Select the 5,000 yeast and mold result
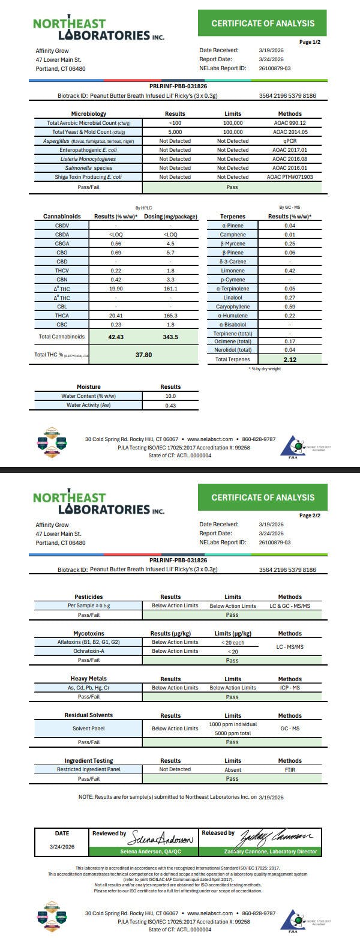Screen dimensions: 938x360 [175, 132]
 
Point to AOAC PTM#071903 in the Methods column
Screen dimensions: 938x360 [290, 177]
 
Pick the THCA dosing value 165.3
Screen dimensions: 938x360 [170, 316]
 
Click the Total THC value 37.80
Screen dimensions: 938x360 [143, 355]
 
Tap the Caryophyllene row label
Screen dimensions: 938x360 [232, 307]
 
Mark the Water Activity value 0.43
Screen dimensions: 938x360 [170, 406]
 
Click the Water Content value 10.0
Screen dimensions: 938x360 [170, 396]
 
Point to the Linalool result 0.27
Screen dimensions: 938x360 [290, 298]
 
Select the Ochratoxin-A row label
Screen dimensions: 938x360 [89, 651]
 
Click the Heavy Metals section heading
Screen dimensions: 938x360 [89, 679]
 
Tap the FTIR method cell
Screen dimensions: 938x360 [290, 769]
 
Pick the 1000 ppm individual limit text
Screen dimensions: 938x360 [233, 724]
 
